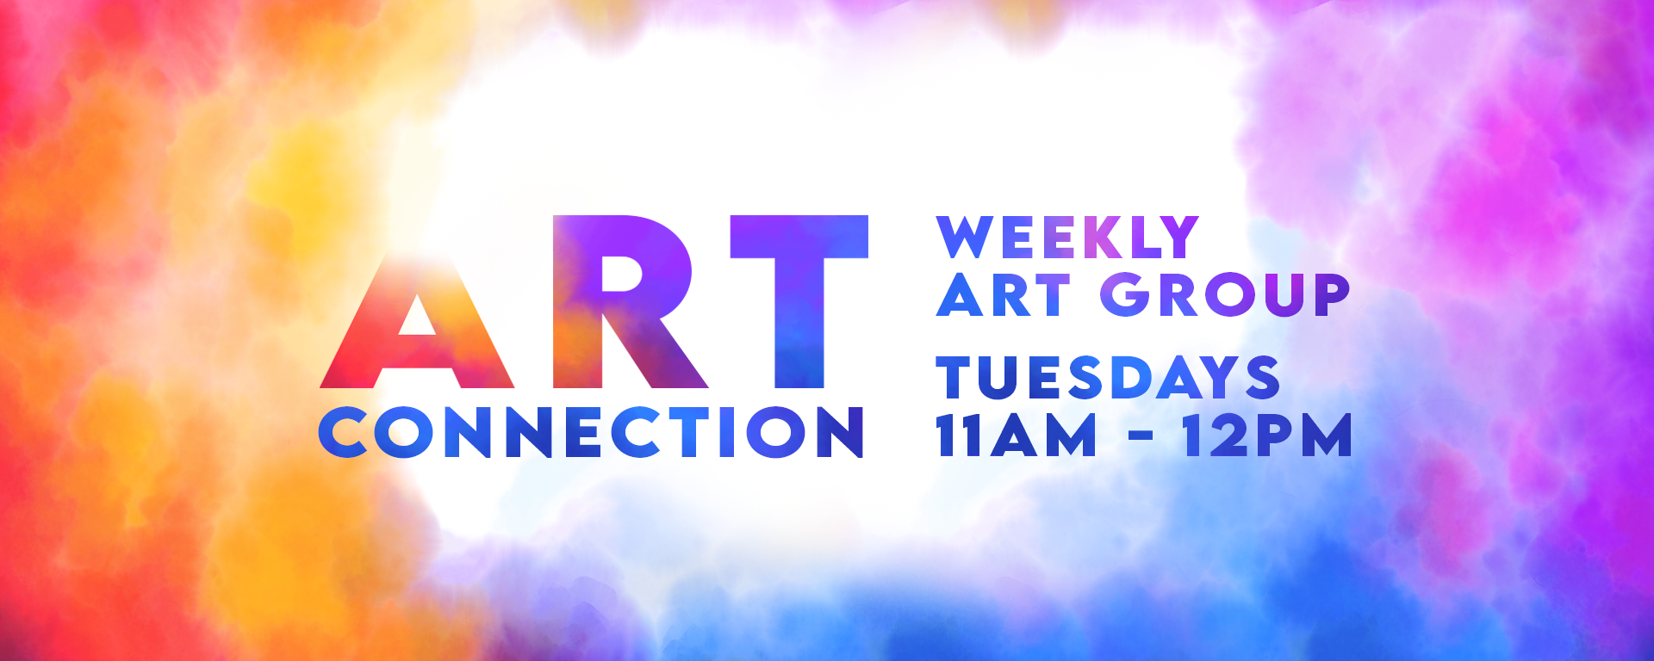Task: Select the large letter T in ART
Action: [x=799, y=301]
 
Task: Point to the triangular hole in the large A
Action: [x=417, y=317]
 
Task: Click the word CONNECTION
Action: [x=591, y=431]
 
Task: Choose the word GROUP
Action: [x=1224, y=294]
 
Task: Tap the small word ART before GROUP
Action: [x=1003, y=294]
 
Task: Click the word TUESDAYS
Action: [x=1108, y=377]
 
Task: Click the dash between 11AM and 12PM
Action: [x=1140, y=436]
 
